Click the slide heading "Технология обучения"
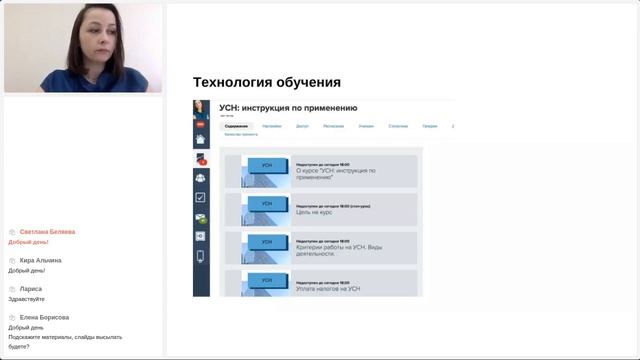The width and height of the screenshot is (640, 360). point(266,82)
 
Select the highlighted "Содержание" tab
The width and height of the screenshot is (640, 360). point(236,127)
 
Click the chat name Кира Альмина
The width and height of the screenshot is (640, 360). point(40,260)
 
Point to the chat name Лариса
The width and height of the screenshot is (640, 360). point(31,288)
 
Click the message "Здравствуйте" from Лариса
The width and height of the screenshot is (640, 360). point(26,299)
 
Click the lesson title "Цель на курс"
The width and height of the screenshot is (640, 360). point(315,213)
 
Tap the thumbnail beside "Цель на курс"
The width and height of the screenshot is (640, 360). point(266,208)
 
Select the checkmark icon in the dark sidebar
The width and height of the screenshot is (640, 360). point(200,198)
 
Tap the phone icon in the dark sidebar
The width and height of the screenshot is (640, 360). point(200,256)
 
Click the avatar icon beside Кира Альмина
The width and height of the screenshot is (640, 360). point(12,260)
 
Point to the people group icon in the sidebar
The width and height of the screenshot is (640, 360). point(200,178)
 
